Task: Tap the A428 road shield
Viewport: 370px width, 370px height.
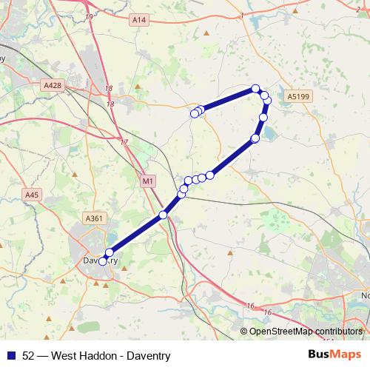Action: (x=53, y=86)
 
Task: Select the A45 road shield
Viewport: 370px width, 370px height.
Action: (x=31, y=195)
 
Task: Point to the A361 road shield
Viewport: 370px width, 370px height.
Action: (x=94, y=218)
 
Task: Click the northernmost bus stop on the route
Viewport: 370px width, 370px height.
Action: (x=256, y=89)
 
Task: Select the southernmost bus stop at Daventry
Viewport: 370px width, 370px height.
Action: (x=104, y=260)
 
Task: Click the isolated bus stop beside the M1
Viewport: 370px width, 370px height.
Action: (x=164, y=215)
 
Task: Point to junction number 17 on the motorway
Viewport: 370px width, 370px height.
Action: (x=124, y=142)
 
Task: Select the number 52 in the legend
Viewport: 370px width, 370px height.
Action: (x=29, y=354)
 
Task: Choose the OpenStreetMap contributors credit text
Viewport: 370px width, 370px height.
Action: (x=305, y=331)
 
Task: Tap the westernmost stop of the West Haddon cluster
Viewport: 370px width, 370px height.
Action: (x=195, y=113)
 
